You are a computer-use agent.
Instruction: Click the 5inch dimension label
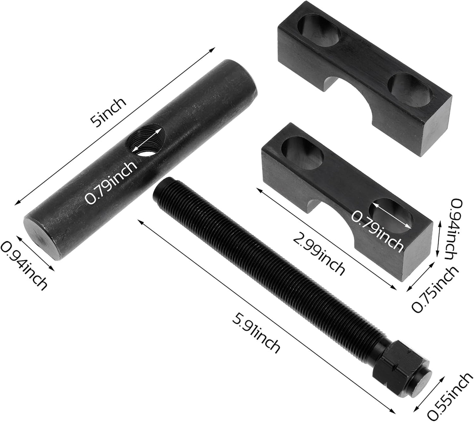point(109,112)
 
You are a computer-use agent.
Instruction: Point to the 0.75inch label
point(434,289)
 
